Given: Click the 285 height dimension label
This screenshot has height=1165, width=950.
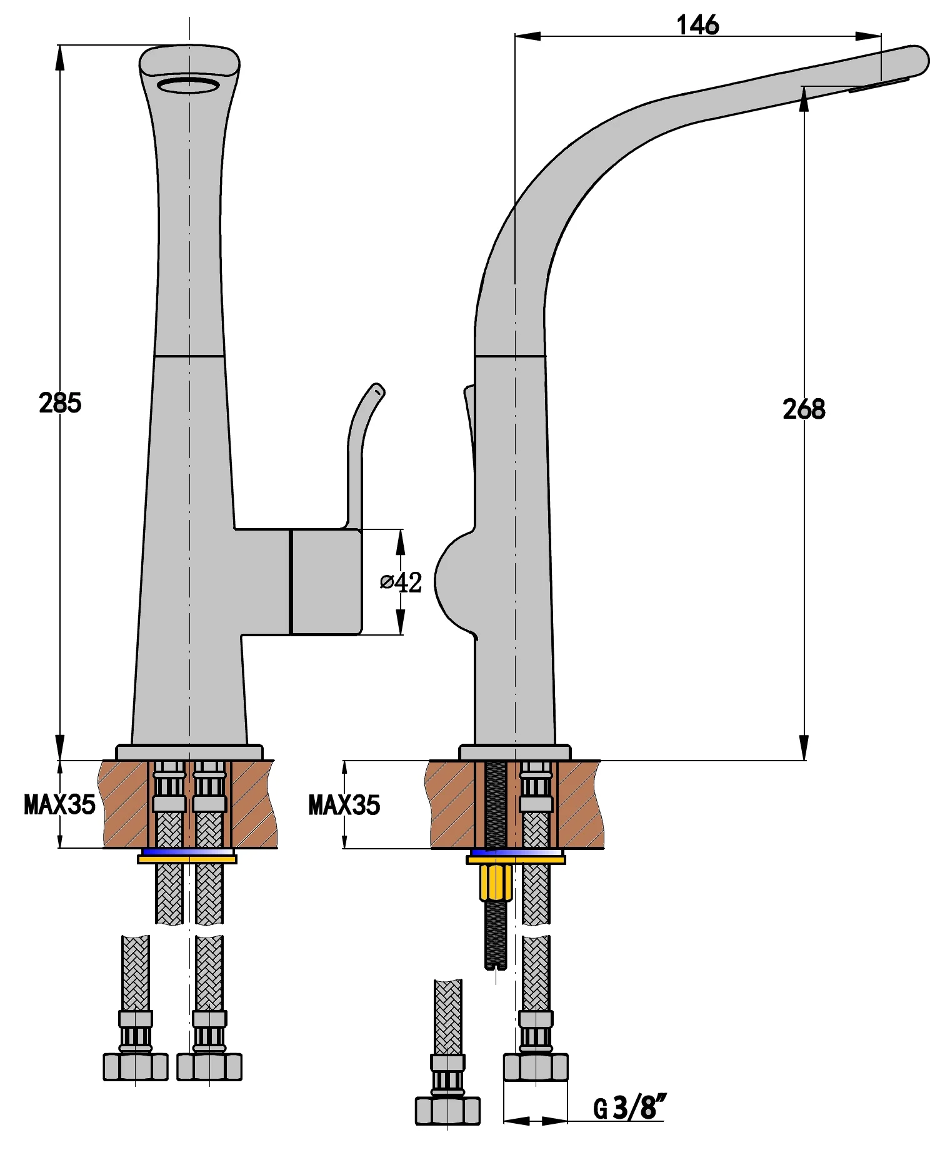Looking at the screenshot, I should (60, 403).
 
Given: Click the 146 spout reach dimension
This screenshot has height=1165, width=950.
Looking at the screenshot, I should (697, 26).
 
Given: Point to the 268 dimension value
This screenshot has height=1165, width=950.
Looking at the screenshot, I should (804, 409).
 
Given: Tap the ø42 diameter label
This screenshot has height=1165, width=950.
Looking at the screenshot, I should (401, 582).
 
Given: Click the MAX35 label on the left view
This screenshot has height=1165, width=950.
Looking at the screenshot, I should (59, 805).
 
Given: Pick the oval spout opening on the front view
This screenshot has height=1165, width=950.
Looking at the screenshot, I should (188, 85).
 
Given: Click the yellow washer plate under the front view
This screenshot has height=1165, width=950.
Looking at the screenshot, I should (187, 859).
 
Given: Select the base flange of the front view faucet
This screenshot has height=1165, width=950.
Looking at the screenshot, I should (189, 752).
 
